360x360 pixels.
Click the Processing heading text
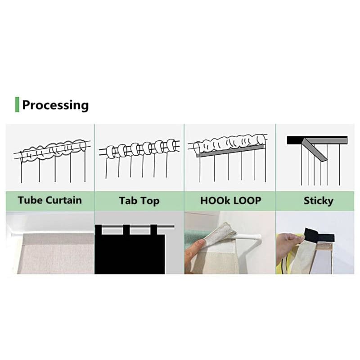pos(55,105)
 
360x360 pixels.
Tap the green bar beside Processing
pos(17,104)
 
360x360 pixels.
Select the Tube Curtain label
pos(49,200)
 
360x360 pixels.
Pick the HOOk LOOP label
pos(230,201)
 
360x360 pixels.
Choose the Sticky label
pos(318,201)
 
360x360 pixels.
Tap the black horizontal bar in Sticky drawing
pos(317,140)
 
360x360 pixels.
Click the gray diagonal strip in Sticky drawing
pos(315,150)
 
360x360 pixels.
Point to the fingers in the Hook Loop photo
pos(194,250)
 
